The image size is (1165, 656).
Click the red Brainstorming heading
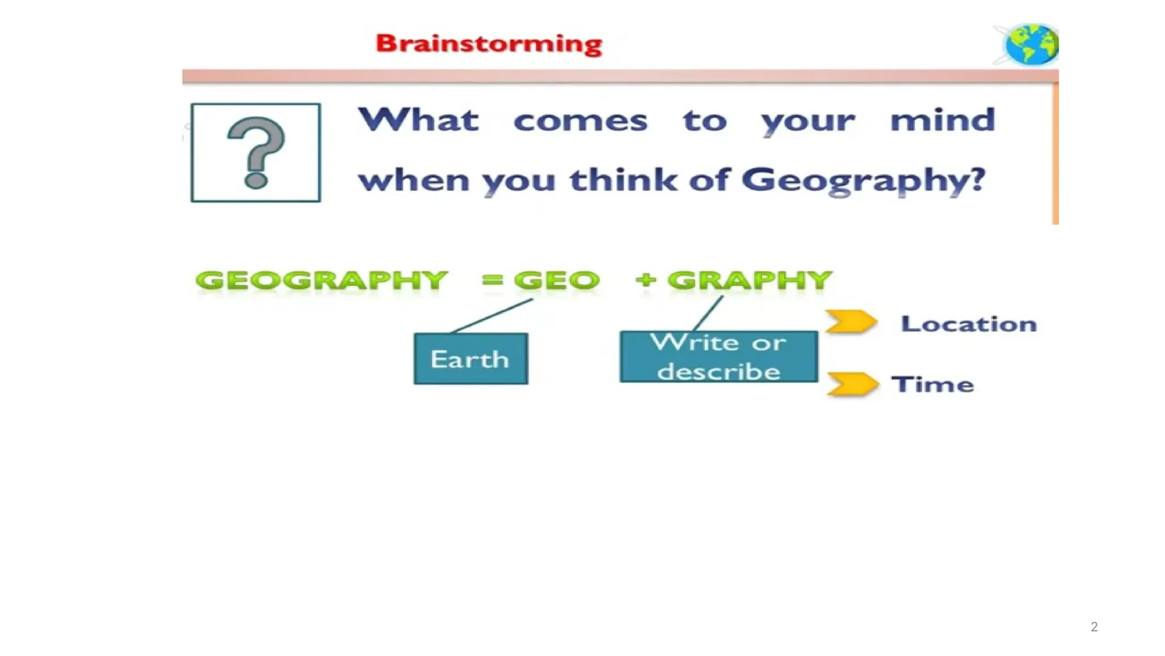[x=489, y=44]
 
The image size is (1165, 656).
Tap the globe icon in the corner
[x=1031, y=44]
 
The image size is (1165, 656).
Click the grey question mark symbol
[x=256, y=152]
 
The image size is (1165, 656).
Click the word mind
[x=943, y=120]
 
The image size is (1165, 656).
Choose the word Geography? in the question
[x=863, y=181]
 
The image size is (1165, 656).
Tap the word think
[x=623, y=180]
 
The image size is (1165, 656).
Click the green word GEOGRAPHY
[x=321, y=280]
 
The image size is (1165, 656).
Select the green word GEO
[x=557, y=280]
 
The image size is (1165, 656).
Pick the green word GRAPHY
[x=750, y=280]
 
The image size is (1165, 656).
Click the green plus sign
[x=646, y=280]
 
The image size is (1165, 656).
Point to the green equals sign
[x=493, y=280]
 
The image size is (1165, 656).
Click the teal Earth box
[x=470, y=359]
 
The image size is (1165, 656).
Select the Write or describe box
[x=718, y=356]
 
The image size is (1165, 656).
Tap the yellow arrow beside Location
[x=850, y=322]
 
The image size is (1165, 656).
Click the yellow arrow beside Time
[x=852, y=384]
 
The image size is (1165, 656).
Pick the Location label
[x=968, y=324]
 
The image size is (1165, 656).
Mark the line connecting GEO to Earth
[x=492, y=315]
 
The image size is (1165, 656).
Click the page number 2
[x=1094, y=627]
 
